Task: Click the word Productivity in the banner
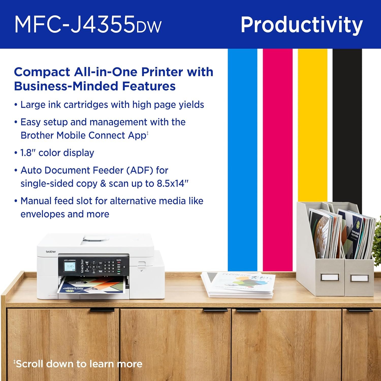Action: tap(301, 25)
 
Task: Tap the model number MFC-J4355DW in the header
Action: tap(88, 25)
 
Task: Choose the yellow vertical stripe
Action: tap(312, 122)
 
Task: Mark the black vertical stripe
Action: tap(347, 122)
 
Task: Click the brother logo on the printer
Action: tap(51, 251)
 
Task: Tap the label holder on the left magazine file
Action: tap(330, 277)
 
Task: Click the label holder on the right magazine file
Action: tap(359, 278)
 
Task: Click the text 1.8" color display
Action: tap(57, 153)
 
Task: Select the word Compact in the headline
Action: tap(42, 72)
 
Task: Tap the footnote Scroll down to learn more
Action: tap(78, 364)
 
